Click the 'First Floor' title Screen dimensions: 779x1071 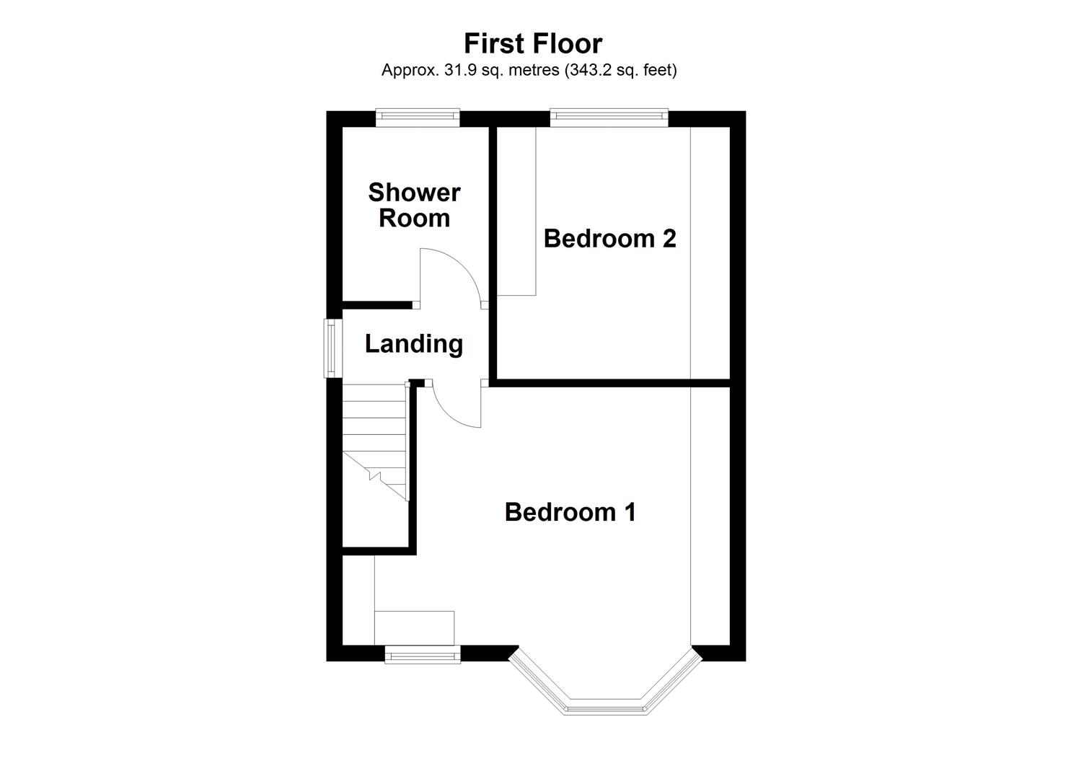[532, 43]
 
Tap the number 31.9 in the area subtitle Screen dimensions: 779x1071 [452, 71]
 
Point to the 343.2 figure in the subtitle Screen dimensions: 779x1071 [592, 71]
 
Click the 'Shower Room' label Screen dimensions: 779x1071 [414, 205]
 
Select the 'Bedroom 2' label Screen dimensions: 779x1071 [609, 238]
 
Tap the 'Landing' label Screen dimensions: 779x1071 [413, 343]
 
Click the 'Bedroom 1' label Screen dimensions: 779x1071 [570, 512]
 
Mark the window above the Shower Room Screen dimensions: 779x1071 [418, 117]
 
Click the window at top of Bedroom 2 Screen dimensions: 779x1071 [609, 117]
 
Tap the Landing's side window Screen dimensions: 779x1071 [332, 348]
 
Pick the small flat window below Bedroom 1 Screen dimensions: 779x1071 [422, 654]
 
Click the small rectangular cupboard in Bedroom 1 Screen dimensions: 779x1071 [415, 628]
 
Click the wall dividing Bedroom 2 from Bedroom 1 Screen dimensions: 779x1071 [613, 382]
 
